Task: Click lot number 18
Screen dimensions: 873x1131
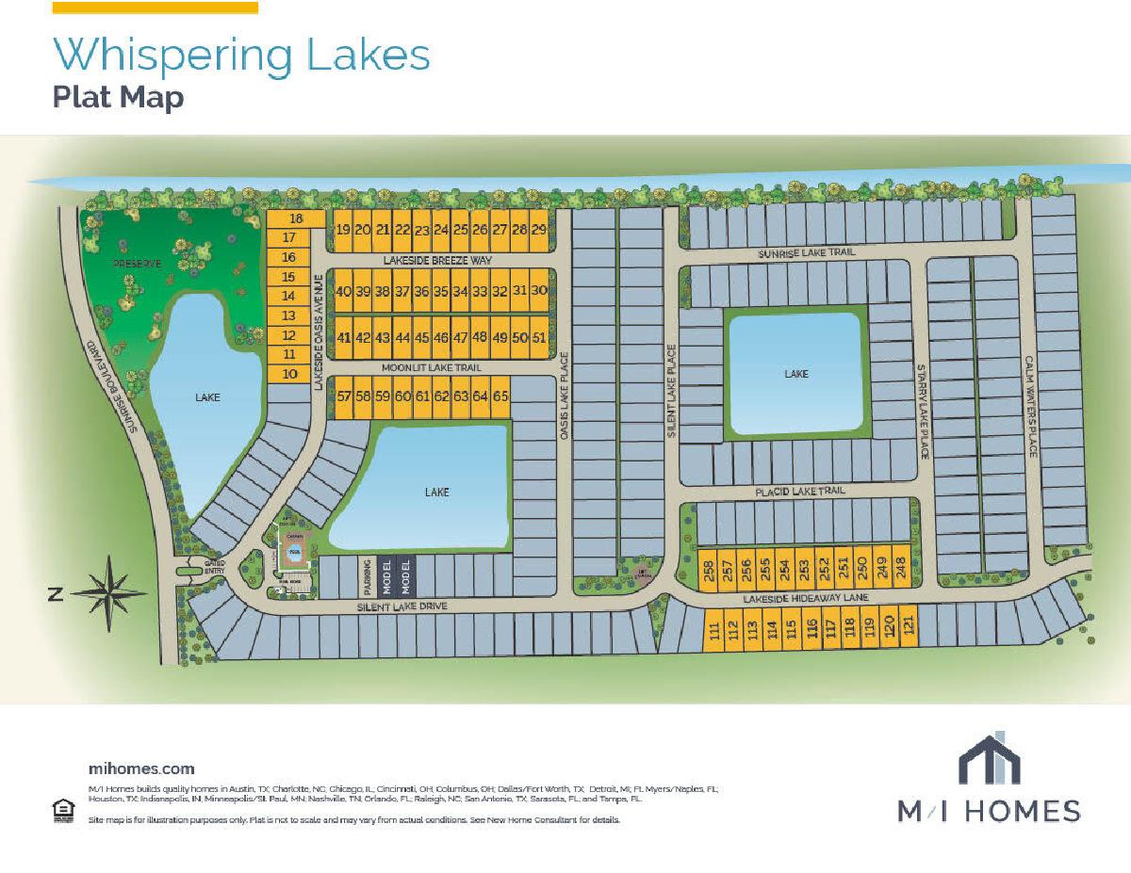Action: (x=296, y=218)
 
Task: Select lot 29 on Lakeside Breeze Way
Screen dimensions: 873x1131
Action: (x=539, y=230)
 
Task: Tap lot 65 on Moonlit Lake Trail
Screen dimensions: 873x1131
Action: (x=500, y=396)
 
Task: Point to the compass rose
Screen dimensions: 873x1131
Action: (x=110, y=592)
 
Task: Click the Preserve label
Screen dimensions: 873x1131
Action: (x=139, y=264)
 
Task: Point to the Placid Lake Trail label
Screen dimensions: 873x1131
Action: (x=799, y=491)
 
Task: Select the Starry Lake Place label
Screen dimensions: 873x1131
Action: (x=925, y=412)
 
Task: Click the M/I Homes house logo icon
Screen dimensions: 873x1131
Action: (x=989, y=758)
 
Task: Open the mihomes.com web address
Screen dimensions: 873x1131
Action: (x=141, y=768)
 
